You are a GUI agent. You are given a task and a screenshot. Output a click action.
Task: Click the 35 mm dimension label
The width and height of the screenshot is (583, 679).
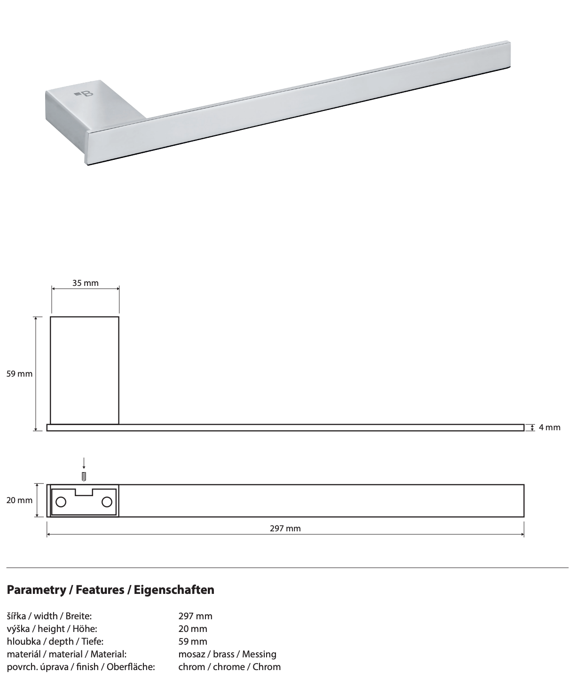pos(85,283)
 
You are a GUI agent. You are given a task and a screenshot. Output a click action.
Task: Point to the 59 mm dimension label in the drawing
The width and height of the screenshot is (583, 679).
pos(19,374)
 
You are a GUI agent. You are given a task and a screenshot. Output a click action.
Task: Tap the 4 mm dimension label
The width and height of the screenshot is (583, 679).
pos(549,427)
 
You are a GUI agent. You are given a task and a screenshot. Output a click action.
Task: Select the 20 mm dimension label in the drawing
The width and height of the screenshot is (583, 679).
pos(19,500)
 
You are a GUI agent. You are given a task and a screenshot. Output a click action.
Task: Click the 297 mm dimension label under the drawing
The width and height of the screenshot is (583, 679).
pos(285,529)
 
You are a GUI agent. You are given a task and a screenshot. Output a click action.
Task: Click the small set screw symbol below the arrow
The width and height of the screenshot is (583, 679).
pos(84,476)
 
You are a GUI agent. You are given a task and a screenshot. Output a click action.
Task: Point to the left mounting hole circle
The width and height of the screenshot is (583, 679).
pos(61,502)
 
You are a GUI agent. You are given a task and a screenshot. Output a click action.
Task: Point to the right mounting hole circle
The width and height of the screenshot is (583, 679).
pos(107,502)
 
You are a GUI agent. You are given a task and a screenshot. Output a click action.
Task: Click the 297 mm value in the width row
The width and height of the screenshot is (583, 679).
pos(195,616)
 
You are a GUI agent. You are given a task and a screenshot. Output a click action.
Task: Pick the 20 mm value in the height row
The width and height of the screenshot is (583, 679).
pos(192,629)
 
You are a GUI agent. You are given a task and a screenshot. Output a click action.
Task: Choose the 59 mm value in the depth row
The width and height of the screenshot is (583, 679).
pos(192,641)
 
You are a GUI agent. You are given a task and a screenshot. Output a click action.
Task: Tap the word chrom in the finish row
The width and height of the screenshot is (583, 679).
pos(191,667)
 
